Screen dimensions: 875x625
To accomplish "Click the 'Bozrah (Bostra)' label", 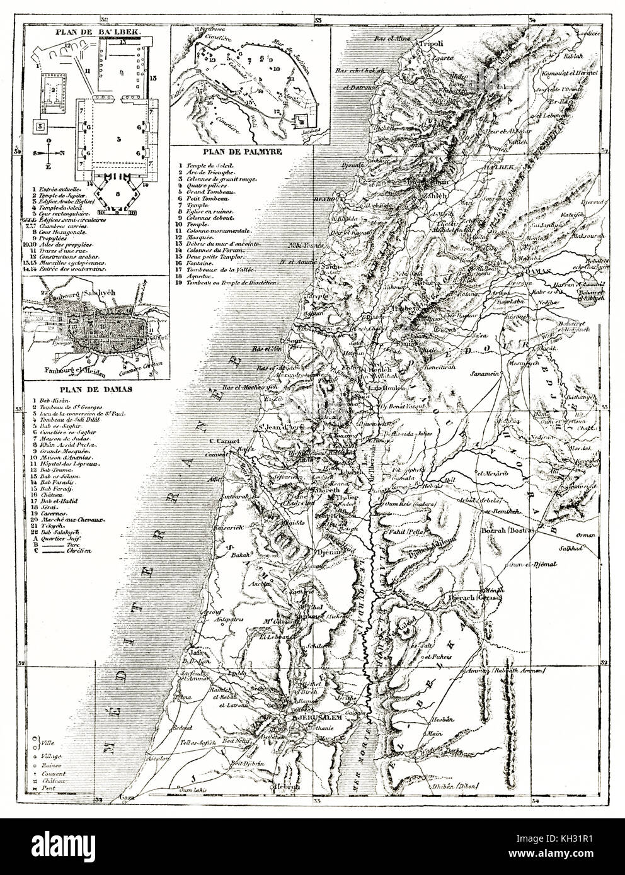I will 508,531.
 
